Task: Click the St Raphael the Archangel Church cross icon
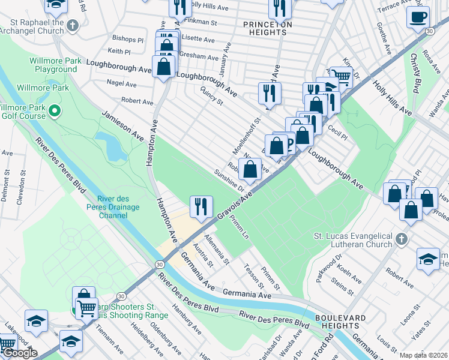coord(73,26)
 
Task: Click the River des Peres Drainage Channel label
coord(119,207)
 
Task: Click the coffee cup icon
coord(418,17)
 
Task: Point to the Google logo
coord(19,353)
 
